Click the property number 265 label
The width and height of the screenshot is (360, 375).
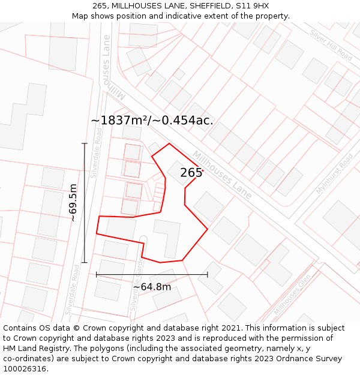click(191, 173)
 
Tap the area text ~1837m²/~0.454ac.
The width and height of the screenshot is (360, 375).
click(152, 120)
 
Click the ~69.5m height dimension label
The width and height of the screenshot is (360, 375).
click(73, 203)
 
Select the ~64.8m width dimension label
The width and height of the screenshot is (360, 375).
click(152, 287)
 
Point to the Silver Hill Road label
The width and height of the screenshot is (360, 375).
click(331, 44)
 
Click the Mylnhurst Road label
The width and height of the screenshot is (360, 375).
click(335, 173)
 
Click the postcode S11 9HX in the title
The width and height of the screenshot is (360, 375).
click(253, 6)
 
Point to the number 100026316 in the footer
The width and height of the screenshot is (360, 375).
click(25, 369)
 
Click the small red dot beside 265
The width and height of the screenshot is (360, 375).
click(203, 170)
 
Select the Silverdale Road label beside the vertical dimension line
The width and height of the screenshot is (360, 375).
click(95, 152)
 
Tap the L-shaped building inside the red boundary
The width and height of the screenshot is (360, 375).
click(169, 236)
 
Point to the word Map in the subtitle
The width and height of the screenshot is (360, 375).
click(80, 16)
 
